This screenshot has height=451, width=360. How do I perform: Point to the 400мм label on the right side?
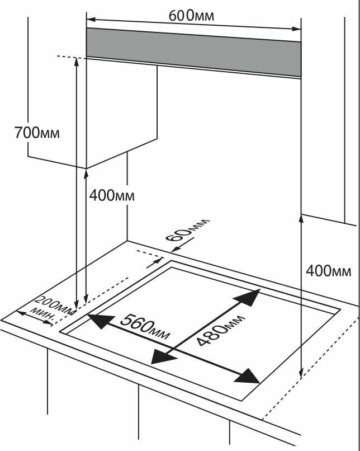[329, 271]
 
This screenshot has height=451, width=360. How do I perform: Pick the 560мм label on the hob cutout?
[144, 327]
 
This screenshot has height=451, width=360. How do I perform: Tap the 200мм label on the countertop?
[55, 304]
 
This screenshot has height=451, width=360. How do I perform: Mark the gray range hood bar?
[193, 51]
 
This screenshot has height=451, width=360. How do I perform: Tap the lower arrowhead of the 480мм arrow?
[161, 357]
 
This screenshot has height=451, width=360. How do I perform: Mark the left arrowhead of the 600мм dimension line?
[90, 19]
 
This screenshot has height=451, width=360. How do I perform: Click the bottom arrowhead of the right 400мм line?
[301, 372]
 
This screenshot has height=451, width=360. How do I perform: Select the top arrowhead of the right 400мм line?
[301, 219]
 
